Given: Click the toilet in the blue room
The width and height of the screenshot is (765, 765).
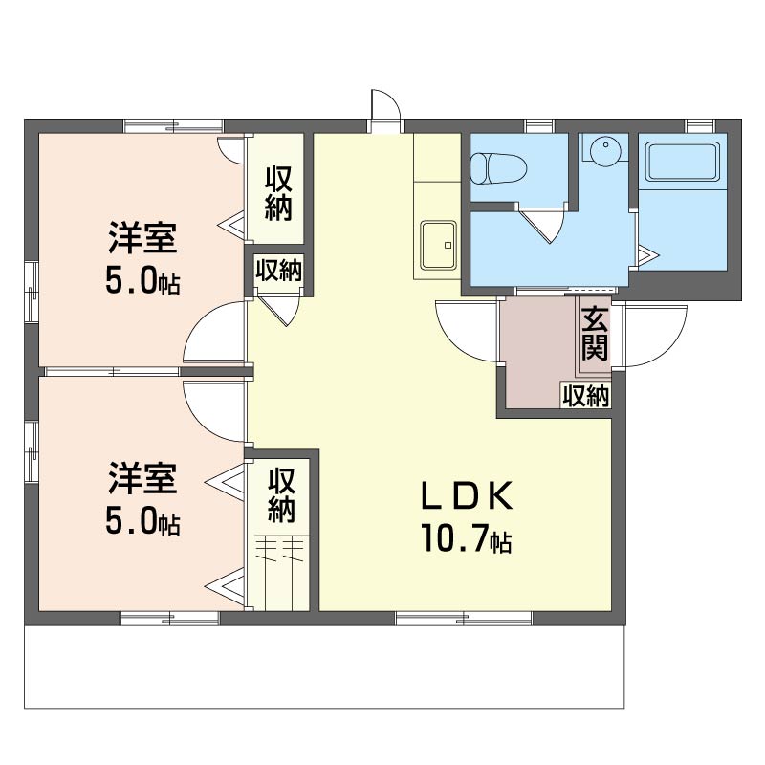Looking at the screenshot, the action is pos(498,169).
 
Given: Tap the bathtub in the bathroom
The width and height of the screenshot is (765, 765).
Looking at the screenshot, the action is pos(683,162).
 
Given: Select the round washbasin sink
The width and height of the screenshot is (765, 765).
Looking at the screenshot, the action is pos(605,149).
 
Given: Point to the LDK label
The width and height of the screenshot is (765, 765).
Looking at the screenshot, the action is pos(468,495).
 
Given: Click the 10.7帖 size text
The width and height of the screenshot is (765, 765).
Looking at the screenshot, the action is pos(467,538).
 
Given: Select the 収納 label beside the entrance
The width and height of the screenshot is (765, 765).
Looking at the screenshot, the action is pos(586,396).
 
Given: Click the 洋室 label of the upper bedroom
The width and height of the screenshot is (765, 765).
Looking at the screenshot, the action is pos(142,237).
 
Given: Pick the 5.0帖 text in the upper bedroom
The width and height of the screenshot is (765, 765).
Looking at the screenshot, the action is pos(142,281).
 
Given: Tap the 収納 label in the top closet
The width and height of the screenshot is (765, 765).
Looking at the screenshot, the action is pos(278,193).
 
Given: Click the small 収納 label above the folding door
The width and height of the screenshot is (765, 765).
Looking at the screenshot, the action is pos(279,271).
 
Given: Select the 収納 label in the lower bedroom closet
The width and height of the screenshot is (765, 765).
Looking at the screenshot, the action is pos(281,494).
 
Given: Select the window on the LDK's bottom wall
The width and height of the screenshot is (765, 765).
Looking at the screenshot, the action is pos(464,618).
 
